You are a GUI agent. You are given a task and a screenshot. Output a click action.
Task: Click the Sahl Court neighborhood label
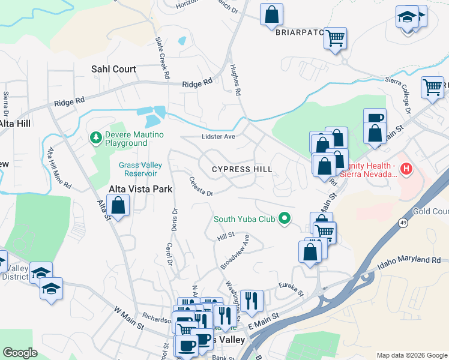click(113, 69)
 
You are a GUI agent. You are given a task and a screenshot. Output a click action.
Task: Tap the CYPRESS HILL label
click(242, 169)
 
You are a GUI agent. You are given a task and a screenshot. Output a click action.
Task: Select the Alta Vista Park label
click(140, 189)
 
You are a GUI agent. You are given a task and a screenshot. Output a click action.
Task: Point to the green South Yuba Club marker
click(286, 218)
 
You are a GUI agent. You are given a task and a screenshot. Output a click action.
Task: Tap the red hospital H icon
click(406, 169)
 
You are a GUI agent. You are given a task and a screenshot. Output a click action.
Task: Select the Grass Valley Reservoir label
click(137, 169)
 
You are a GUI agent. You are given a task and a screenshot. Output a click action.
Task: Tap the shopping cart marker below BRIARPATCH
click(335, 38)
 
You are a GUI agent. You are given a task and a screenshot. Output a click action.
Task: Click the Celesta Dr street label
click(201, 186)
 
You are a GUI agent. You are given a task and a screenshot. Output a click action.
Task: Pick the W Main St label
click(128, 319)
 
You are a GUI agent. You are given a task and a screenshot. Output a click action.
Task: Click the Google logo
click(20, 353)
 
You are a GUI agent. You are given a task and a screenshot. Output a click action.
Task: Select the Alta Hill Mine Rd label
click(59, 169)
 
